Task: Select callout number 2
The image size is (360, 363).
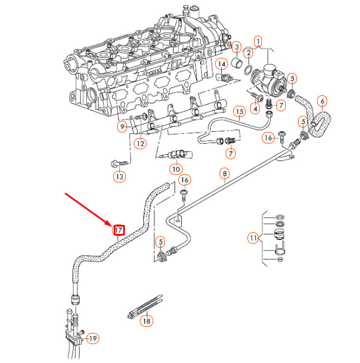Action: [x=248, y=53]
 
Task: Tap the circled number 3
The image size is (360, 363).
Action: [x=236, y=47]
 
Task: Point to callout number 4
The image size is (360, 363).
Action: [x=255, y=109]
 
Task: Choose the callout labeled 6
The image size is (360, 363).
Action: [x=322, y=101]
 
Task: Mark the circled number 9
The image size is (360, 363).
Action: [x=121, y=127]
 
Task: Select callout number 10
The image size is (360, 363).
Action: [x=176, y=169]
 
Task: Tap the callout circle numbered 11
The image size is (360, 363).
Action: [x=254, y=238]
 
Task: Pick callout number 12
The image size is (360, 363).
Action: [x=140, y=144]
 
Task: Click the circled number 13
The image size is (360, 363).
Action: [x=119, y=177]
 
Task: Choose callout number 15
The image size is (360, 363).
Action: [x=239, y=111]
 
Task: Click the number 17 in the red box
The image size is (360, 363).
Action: [x=119, y=230]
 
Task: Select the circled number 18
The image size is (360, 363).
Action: [x=146, y=321]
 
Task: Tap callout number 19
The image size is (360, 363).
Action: [x=93, y=338]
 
